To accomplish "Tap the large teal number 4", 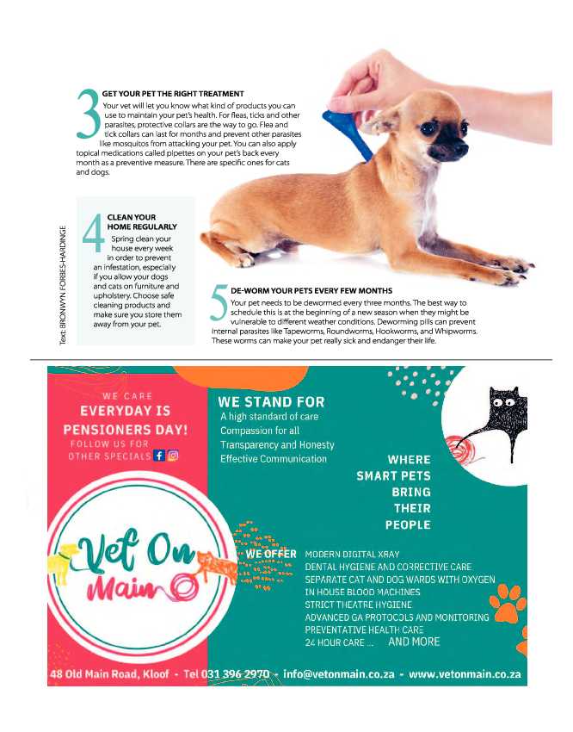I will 93,233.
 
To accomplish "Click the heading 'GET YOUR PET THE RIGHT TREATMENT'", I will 172,93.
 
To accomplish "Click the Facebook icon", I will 158,456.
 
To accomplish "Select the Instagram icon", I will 173,456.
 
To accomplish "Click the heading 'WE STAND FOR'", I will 271,402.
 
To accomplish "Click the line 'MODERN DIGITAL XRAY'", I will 352,555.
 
